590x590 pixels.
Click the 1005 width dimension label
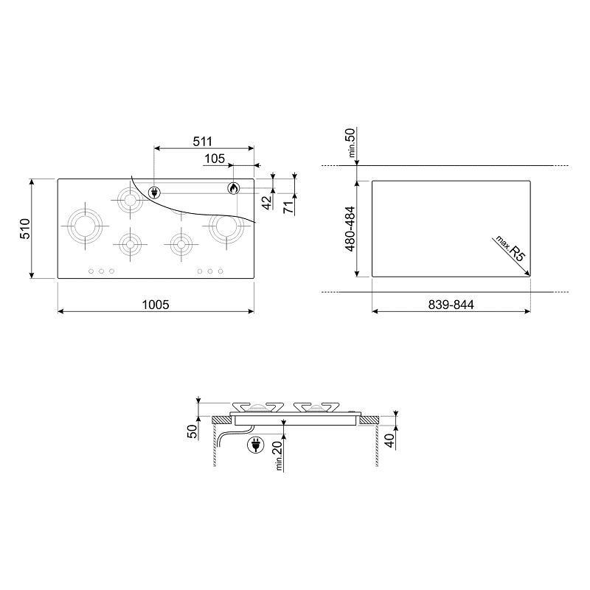pyautogui.click(x=156, y=305)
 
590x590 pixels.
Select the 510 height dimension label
pyautogui.click(x=25, y=229)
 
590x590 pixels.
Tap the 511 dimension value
pyautogui.click(x=202, y=142)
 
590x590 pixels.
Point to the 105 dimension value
pyautogui.click(x=215, y=159)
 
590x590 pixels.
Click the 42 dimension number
pyautogui.click(x=267, y=203)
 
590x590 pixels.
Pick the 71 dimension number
pyautogui.click(x=288, y=207)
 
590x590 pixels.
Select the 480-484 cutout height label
pyautogui.click(x=350, y=229)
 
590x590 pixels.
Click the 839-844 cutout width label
pyautogui.click(x=451, y=305)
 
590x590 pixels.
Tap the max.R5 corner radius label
pyautogui.click(x=510, y=249)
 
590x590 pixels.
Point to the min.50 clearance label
pyautogui.click(x=351, y=142)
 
